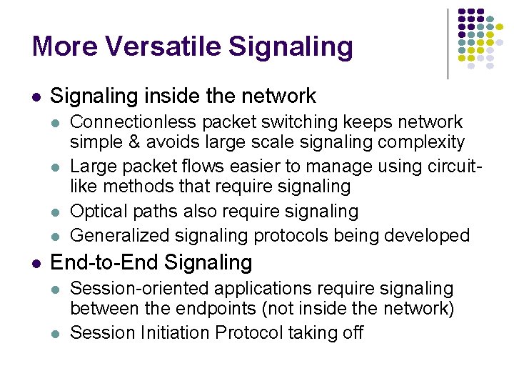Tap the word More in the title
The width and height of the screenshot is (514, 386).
[64, 46]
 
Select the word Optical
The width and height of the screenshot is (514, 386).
[99, 212]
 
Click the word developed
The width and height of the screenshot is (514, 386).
[428, 235]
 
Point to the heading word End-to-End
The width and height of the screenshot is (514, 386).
[105, 262]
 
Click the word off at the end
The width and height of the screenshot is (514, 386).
[352, 332]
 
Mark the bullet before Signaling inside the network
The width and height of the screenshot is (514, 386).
[36, 96]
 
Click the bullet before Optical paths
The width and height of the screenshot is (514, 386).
[57, 212]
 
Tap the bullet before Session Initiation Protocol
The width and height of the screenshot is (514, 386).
[57, 333]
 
